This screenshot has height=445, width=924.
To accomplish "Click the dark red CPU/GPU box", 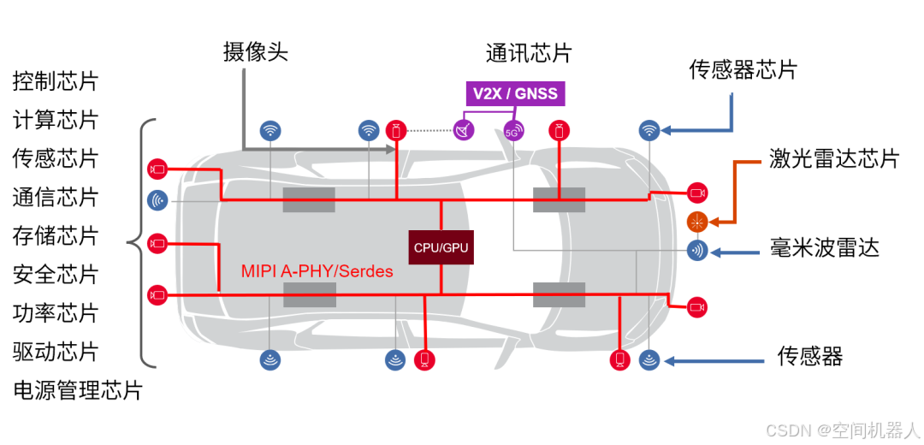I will [441, 246].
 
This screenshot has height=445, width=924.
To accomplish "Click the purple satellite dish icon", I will [464, 131].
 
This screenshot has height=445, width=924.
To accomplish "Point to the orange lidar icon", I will [698, 222].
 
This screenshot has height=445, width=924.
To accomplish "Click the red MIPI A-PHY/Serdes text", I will [317, 271].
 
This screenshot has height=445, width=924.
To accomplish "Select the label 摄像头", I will [256, 52].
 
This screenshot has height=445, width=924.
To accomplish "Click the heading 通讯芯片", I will [528, 53].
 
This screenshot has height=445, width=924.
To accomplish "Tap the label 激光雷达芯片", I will [833, 158].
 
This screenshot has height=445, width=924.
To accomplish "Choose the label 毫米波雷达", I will [824, 249].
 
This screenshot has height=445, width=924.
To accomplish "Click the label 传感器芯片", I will [743, 70].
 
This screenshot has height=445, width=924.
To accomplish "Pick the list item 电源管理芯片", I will [78, 390].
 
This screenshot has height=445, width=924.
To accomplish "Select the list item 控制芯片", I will [56, 82].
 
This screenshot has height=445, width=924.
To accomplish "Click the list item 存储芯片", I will [56, 235].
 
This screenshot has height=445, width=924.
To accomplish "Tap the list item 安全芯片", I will [56, 274].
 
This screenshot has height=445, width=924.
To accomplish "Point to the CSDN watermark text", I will [842, 430].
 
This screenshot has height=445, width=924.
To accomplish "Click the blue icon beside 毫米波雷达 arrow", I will [698, 251].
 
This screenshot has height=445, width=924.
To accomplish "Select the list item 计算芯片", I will [56, 120].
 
